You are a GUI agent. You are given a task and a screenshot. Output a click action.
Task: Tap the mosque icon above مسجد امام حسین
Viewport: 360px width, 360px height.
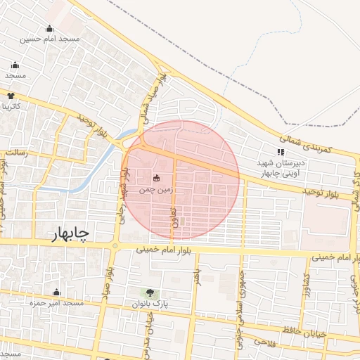point(49,29)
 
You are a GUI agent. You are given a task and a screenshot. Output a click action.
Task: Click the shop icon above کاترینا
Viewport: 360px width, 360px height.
point(11,95)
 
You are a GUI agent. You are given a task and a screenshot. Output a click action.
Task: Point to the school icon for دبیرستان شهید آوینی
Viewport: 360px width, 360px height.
point(281,151)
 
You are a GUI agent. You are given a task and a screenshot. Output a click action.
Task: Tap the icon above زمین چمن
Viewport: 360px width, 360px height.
point(156,178)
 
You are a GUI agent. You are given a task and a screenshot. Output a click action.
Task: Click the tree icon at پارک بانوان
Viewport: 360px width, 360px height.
point(148,292)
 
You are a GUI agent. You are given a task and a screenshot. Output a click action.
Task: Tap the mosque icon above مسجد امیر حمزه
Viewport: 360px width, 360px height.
point(57,292)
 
